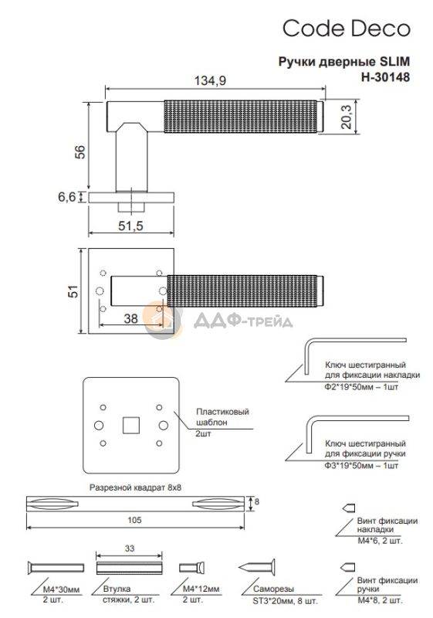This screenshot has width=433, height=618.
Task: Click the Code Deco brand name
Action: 347,29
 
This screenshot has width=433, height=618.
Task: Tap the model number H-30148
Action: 385,76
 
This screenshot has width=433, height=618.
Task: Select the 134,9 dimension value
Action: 210,81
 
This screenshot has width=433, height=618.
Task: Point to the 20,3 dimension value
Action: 347,117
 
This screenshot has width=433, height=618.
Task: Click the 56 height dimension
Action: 79,152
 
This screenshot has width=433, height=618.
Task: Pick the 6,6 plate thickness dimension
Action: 67,196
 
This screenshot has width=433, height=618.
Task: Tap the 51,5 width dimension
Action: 130,226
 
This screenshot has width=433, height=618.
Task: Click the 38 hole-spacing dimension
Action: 130,318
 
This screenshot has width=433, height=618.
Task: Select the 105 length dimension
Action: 134,520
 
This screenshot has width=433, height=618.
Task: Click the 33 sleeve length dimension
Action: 129,548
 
